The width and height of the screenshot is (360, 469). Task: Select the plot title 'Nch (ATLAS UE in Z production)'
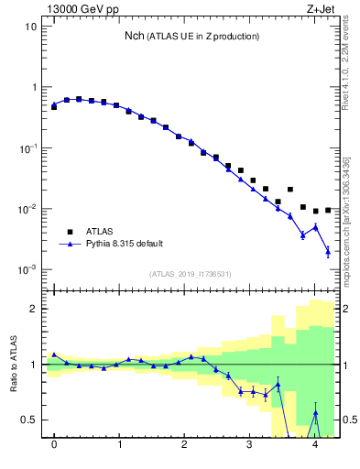tap(192, 36)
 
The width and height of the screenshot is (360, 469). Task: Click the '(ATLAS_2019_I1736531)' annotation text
tap(190, 274)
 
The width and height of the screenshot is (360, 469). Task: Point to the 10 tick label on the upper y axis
tap(29, 27)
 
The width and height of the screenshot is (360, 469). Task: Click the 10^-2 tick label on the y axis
tap(27, 209)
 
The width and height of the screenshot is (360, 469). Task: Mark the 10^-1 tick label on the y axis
tap(27, 148)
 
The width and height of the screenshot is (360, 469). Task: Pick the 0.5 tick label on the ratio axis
tap(27, 420)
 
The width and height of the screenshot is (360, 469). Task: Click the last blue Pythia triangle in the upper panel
tap(328, 251)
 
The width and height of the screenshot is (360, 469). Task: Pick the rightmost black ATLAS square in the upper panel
tap(328, 210)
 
